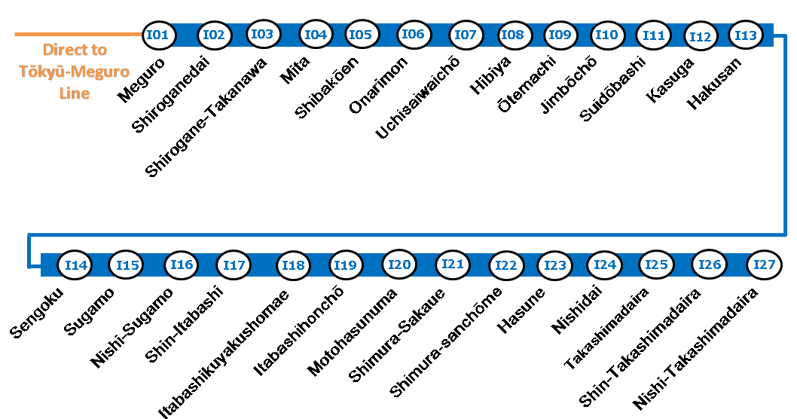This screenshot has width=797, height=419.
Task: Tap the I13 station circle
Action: (746, 35)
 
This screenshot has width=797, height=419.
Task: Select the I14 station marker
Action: (76, 265)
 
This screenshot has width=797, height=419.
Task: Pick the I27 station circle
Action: (764, 265)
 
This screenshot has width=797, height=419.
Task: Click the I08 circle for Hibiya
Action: (512, 35)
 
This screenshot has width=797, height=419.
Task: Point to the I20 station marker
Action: (399, 265)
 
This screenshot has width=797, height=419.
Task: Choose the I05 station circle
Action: (361, 35)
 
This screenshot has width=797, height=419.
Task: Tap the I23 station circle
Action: (555, 265)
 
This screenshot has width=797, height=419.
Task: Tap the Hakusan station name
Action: (714, 83)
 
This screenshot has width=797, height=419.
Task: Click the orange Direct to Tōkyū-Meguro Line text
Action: (75, 72)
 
